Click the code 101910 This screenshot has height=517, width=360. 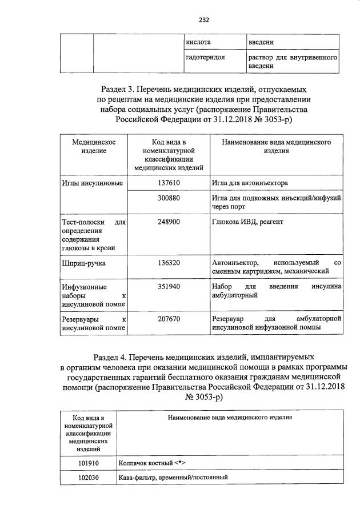point(88,463)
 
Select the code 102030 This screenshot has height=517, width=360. point(88,479)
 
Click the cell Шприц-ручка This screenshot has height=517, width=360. point(79,263)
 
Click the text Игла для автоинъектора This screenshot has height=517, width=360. point(249,183)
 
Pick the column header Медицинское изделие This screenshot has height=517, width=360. point(94,146)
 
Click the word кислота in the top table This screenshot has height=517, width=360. point(199,42)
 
